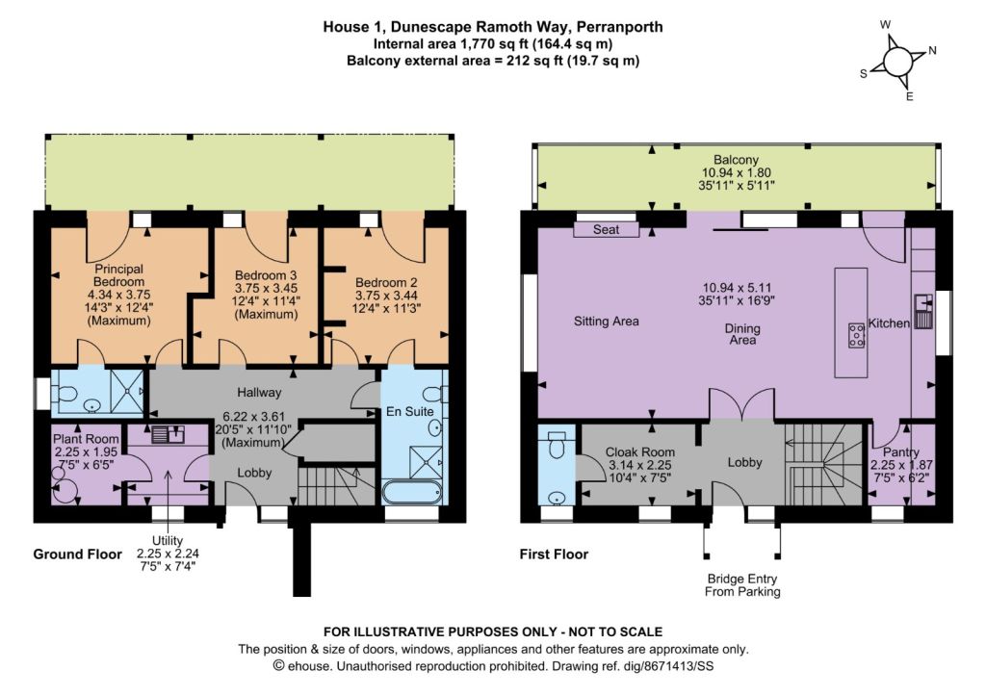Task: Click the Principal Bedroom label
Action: pos(118,275)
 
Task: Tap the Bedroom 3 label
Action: pos(266,275)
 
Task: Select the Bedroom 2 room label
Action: pos(386,283)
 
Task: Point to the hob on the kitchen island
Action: pos(856,335)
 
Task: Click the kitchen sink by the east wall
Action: pos(923,311)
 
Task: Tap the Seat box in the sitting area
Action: pos(607,229)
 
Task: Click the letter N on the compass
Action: pos(932,50)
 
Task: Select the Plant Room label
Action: pos(86,439)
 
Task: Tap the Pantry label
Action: pos(901,452)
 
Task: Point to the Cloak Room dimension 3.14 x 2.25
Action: pos(640,465)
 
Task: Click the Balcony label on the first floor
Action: pos(736,160)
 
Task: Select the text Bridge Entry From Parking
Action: pos(742,585)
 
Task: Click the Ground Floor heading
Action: pos(77,554)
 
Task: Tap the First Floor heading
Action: pos(554,554)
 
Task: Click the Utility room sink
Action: pos(168,434)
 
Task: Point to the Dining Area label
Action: pos(742,334)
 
